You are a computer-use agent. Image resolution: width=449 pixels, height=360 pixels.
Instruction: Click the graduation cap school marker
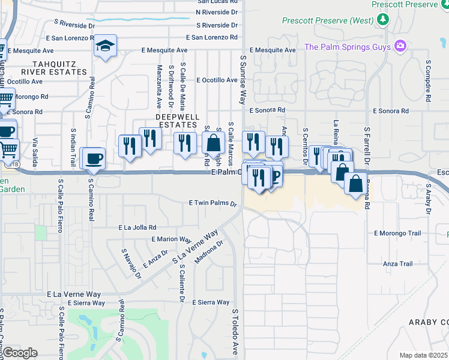105,46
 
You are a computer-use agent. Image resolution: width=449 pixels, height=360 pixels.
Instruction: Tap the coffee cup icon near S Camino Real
94,159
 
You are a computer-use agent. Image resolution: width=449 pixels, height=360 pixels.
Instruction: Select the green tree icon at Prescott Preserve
383,20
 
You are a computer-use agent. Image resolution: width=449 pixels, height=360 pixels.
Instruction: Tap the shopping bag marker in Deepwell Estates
213,144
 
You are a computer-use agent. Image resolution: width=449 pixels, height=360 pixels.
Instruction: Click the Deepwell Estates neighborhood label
176,120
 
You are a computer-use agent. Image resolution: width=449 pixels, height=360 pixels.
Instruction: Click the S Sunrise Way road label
243,80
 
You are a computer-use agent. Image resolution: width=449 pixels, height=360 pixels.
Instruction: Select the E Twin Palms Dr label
213,203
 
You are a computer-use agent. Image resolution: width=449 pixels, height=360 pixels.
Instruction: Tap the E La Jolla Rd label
137,227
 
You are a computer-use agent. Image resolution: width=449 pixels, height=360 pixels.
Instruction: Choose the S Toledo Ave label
235,331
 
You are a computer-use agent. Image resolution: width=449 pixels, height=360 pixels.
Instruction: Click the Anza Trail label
398,263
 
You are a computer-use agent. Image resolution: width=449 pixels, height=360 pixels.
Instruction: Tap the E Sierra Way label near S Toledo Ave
210,302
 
